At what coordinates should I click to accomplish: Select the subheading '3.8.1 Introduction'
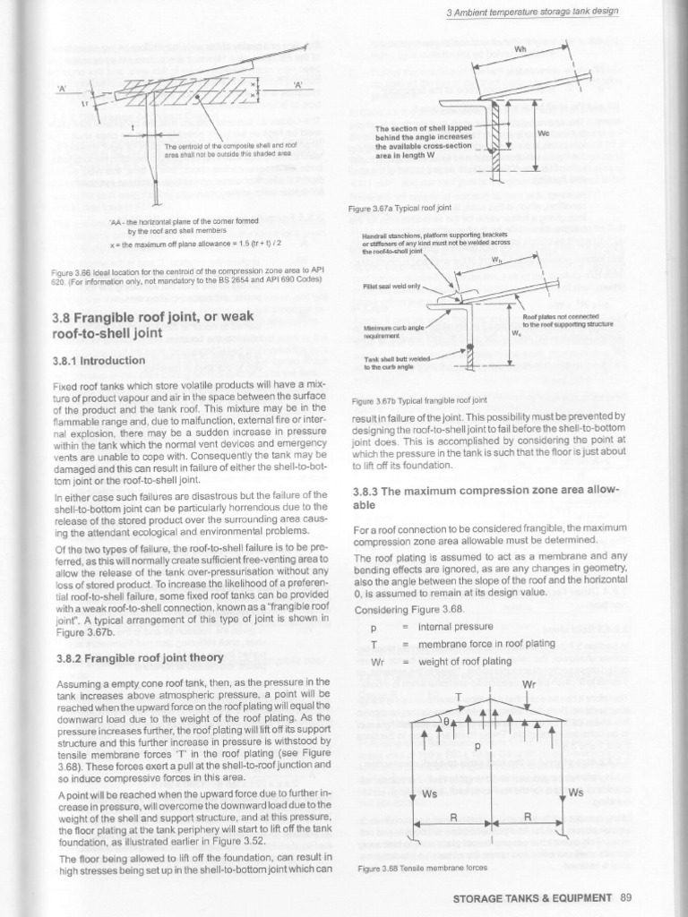tap(99, 361)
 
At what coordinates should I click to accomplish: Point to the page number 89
tap(626, 896)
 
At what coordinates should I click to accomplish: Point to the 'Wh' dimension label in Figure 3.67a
tap(519, 50)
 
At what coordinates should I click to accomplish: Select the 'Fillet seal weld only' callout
tap(391, 287)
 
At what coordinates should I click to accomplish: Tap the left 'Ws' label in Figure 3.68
tap(428, 793)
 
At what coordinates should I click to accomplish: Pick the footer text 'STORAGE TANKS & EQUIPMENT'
tap(532, 896)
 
